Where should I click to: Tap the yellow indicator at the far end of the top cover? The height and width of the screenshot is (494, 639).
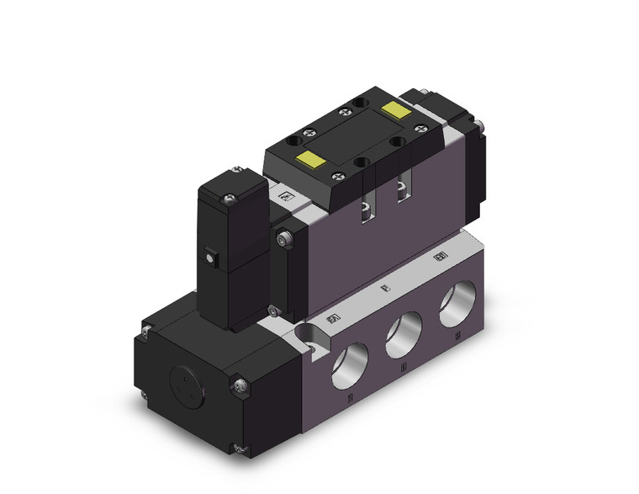(393, 109)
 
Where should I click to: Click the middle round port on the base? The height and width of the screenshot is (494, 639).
(404, 337)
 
